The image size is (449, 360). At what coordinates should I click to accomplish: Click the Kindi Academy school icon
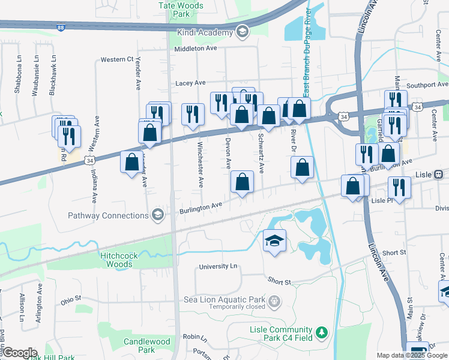pos(242,32)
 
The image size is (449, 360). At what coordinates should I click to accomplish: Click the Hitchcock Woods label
pos(119,260)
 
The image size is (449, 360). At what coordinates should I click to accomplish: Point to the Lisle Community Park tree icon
pos(322,331)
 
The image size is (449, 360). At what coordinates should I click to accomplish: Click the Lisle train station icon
pos(438,175)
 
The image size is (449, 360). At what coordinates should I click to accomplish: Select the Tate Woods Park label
pos(181,9)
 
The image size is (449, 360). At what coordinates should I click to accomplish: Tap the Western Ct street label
pos(116,59)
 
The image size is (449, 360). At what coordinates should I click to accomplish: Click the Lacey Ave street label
pos(190,83)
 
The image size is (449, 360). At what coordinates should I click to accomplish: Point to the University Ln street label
pos(217,266)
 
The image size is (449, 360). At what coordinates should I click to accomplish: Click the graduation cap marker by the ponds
pos(274,241)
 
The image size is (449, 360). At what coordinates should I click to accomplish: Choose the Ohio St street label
pos(71,301)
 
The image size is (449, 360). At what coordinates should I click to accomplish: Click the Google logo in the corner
pos(19,353)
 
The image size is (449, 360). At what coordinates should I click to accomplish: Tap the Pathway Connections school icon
pos(158,215)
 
